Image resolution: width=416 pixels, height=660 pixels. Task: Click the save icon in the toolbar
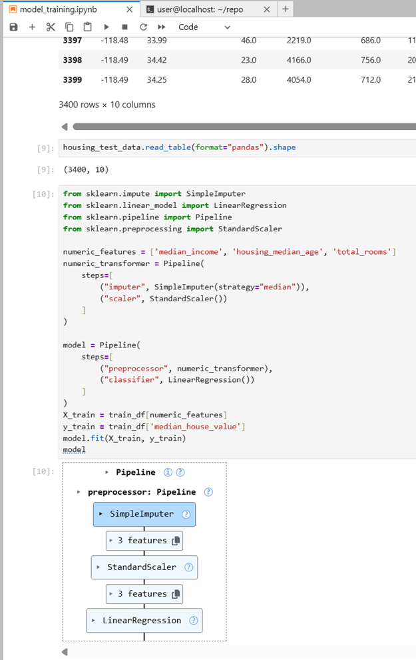click(x=13, y=27)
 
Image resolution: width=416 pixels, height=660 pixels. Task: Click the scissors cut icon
click(x=51, y=27)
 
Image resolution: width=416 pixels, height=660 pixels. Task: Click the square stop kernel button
click(x=125, y=27)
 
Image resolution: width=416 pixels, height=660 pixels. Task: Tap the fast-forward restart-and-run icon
click(x=161, y=27)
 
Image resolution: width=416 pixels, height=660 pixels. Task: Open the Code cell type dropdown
click(x=204, y=27)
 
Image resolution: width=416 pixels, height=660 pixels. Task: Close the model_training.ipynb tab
click(x=129, y=9)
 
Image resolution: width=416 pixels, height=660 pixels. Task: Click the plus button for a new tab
click(x=286, y=9)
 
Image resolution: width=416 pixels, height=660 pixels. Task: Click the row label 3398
click(x=73, y=60)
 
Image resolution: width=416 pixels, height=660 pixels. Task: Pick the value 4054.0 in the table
click(x=299, y=79)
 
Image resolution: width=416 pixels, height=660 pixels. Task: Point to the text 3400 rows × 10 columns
click(x=106, y=105)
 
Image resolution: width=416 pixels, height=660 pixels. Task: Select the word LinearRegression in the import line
click(x=250, y=205)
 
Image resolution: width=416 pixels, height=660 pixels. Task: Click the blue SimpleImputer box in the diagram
click(x=144, y=514)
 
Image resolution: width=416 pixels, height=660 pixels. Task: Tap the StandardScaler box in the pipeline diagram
click(x=144, y=567)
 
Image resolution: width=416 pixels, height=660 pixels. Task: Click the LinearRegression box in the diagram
click(x=144, y=621)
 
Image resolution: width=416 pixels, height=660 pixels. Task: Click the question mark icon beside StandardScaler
click(x=188, y=567)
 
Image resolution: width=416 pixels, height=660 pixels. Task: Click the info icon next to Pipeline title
click(x=168, y=472)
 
